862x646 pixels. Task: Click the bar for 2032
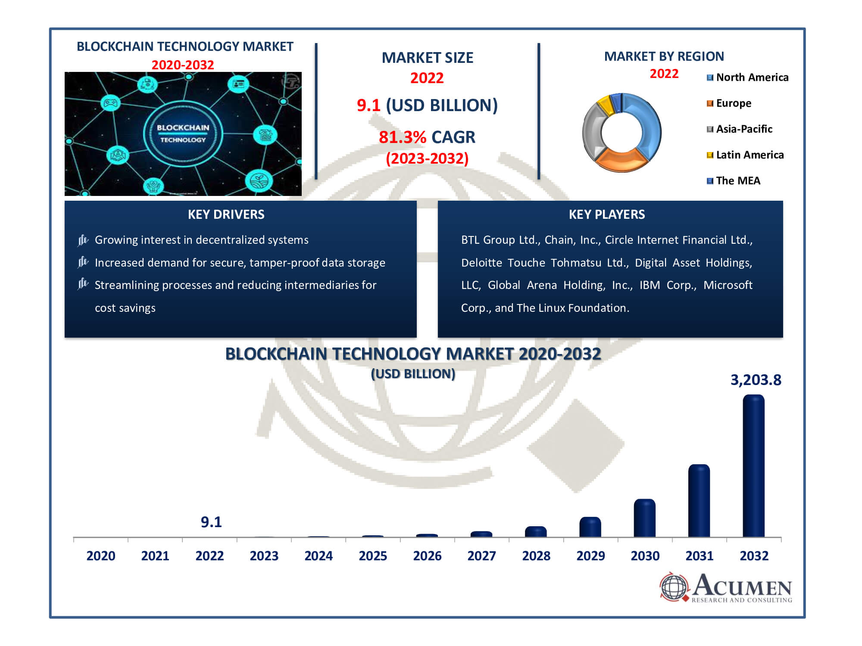tap(753, 466)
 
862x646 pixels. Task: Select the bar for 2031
tap(699, 500)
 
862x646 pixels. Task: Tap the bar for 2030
tap(645, 518)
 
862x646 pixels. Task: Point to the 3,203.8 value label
tap(756, 380)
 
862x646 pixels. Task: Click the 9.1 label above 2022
tap(211, 522)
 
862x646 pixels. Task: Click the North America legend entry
tap(748, 78)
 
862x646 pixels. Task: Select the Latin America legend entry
tap(745, 155)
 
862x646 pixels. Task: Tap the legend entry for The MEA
tap(734, 181)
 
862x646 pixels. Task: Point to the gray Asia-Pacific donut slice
tap(593, 131)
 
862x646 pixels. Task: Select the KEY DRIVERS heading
tap(226, 214)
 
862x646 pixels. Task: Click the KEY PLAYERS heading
tap(607, 214)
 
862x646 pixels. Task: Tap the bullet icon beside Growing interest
tap(83, 240)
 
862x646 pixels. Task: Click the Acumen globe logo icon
tap(675, 587)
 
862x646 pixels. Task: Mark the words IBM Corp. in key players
tap(668, 285)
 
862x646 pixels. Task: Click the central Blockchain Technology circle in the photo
tap(183, 134)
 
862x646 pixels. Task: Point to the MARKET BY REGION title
tap(664, 56)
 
